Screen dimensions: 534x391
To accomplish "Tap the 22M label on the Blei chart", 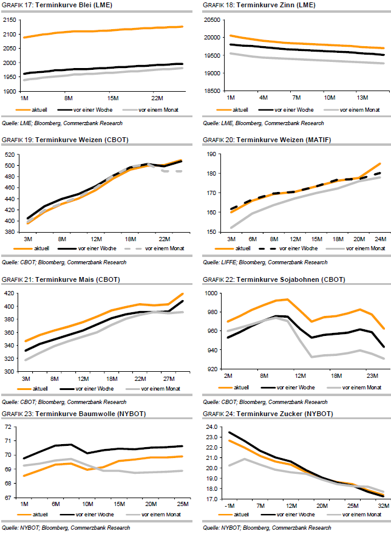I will (x=157, y=97).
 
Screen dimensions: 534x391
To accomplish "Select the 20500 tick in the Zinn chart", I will (x=212, y=20).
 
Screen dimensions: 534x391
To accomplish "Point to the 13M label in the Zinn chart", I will (x=363, y=97).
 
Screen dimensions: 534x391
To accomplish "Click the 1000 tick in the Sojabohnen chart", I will (x=212, y=293).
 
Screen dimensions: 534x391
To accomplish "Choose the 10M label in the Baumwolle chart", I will (x=87, y=504).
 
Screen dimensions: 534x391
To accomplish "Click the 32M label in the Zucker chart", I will (x=382, y=505).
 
